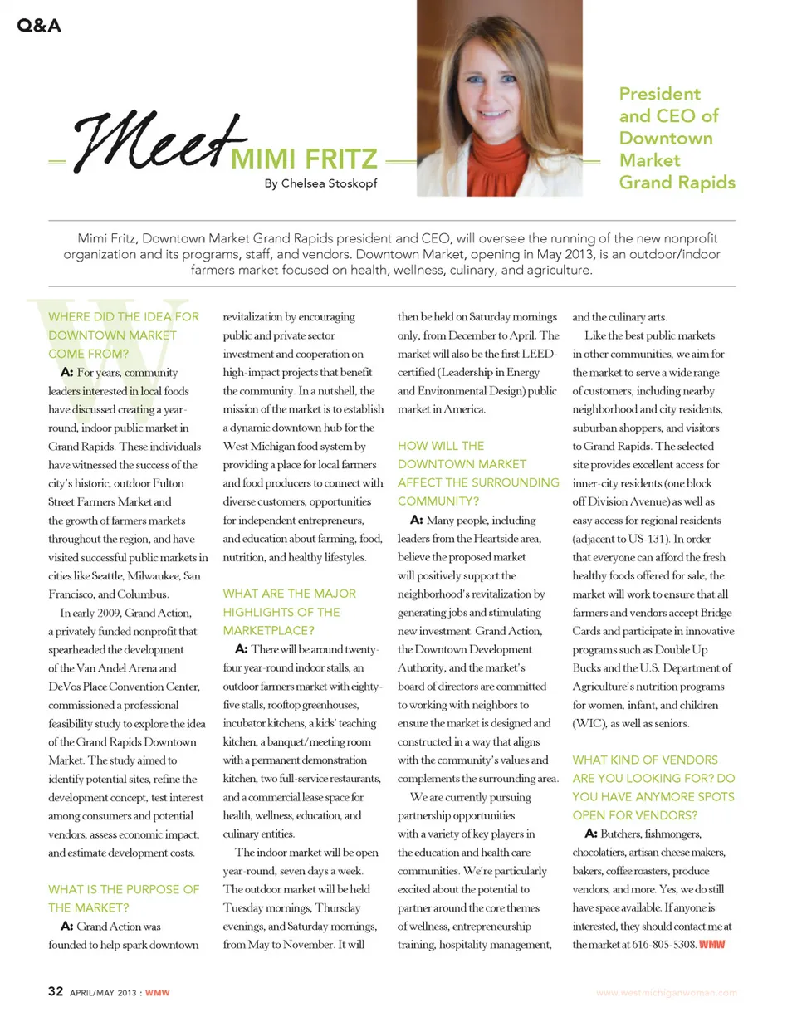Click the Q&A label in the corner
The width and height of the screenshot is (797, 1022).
tap(38, 25)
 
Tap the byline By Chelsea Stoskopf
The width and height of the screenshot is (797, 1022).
tap(320, 183)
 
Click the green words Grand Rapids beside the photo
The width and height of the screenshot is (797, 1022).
tap(677, 182)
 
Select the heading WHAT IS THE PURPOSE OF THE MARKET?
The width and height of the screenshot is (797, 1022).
tap(124, 897)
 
